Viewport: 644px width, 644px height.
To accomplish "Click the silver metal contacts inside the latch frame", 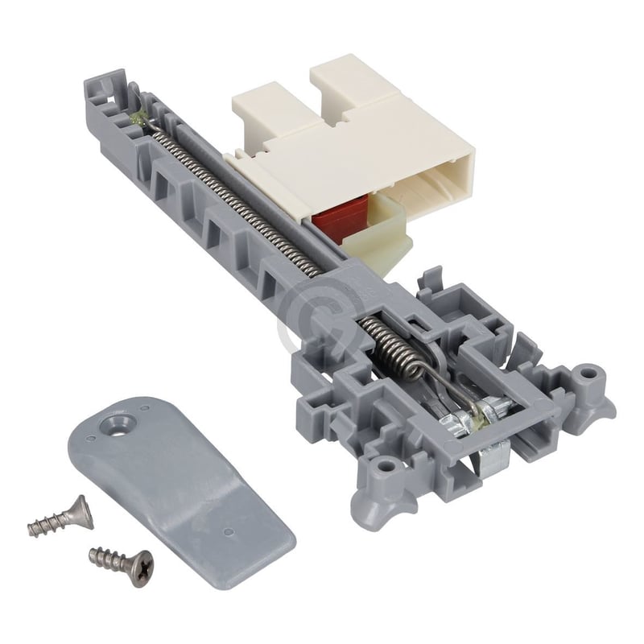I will pyautogui.click(x=467, y=419).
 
